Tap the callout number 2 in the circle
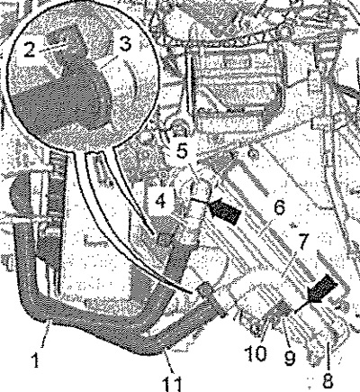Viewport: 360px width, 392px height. click(x=29, y=49)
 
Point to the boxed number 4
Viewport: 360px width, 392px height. click(x=161, y=200)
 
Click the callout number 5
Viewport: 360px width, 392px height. click(x=182, y=151)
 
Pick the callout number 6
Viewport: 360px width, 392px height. click(x=279, y=207)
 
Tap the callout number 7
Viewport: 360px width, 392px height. click(x=302, y=242)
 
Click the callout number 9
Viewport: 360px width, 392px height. click(x=290, y=358)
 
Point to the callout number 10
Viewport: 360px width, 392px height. click(x=256, y=354)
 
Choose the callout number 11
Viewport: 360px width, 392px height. click(x=172, y=384)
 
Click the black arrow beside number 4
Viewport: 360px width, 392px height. click(x=225, y=212)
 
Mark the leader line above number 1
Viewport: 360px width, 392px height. click(x=47, y=332)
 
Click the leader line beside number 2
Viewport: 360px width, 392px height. click(x=52, y=46)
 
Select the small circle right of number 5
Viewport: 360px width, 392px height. click(x=254, y=155)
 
